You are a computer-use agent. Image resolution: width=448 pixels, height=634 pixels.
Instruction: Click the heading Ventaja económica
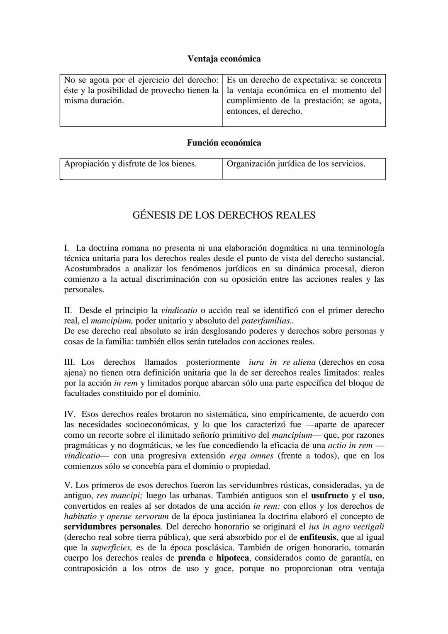pos(224,59)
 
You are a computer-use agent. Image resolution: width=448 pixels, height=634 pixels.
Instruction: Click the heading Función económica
pos(224,143)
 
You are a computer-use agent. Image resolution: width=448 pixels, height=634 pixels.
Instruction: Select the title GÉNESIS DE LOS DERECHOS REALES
pos(224,215)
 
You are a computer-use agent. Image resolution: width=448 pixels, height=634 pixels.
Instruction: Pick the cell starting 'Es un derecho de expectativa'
pos(304,95)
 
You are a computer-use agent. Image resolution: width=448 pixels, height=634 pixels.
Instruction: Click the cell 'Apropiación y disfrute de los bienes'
pos(130,164)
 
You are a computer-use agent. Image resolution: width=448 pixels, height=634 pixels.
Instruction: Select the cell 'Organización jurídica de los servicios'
pos(296,164)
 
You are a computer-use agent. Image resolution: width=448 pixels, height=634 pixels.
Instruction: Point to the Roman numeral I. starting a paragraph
pos(66,248)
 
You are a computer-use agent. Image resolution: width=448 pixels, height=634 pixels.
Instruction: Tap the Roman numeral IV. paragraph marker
pos(69,414)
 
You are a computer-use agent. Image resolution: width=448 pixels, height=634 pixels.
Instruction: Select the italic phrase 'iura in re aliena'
pos(282,362)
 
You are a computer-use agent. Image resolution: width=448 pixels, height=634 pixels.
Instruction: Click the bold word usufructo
pos(329,495)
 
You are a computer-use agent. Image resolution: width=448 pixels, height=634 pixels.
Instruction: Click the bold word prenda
pos(191,558)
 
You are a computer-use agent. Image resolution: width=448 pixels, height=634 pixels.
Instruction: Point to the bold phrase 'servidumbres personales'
pos(112,527)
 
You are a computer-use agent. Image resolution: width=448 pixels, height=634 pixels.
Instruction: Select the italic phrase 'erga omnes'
pos(251,456)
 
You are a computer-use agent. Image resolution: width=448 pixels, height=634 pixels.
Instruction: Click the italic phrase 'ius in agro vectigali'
pos(346,527)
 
